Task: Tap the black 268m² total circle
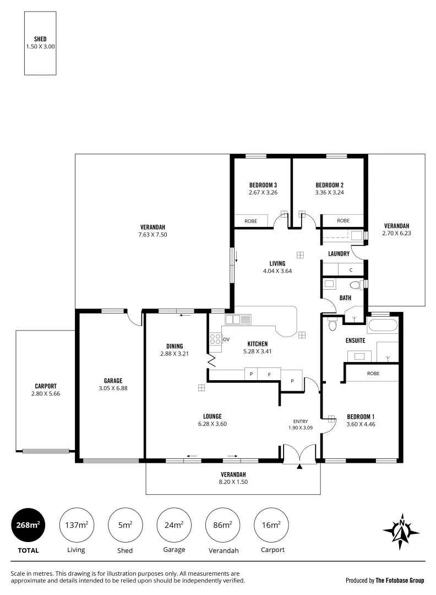point(28,526)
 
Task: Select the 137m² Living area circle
point(77,526)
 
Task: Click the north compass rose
point(401,531)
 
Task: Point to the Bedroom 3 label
point(263,185)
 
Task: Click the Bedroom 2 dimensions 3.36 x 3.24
point(329,193)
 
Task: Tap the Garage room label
point(113,381)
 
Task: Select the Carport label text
point(45,386)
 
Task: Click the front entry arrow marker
point(299,467)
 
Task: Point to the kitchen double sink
point(238,319)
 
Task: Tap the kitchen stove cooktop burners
point(215,339)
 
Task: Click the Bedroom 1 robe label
point(373,373)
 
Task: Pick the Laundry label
point(339,254)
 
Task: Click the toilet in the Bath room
point(356,285)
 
